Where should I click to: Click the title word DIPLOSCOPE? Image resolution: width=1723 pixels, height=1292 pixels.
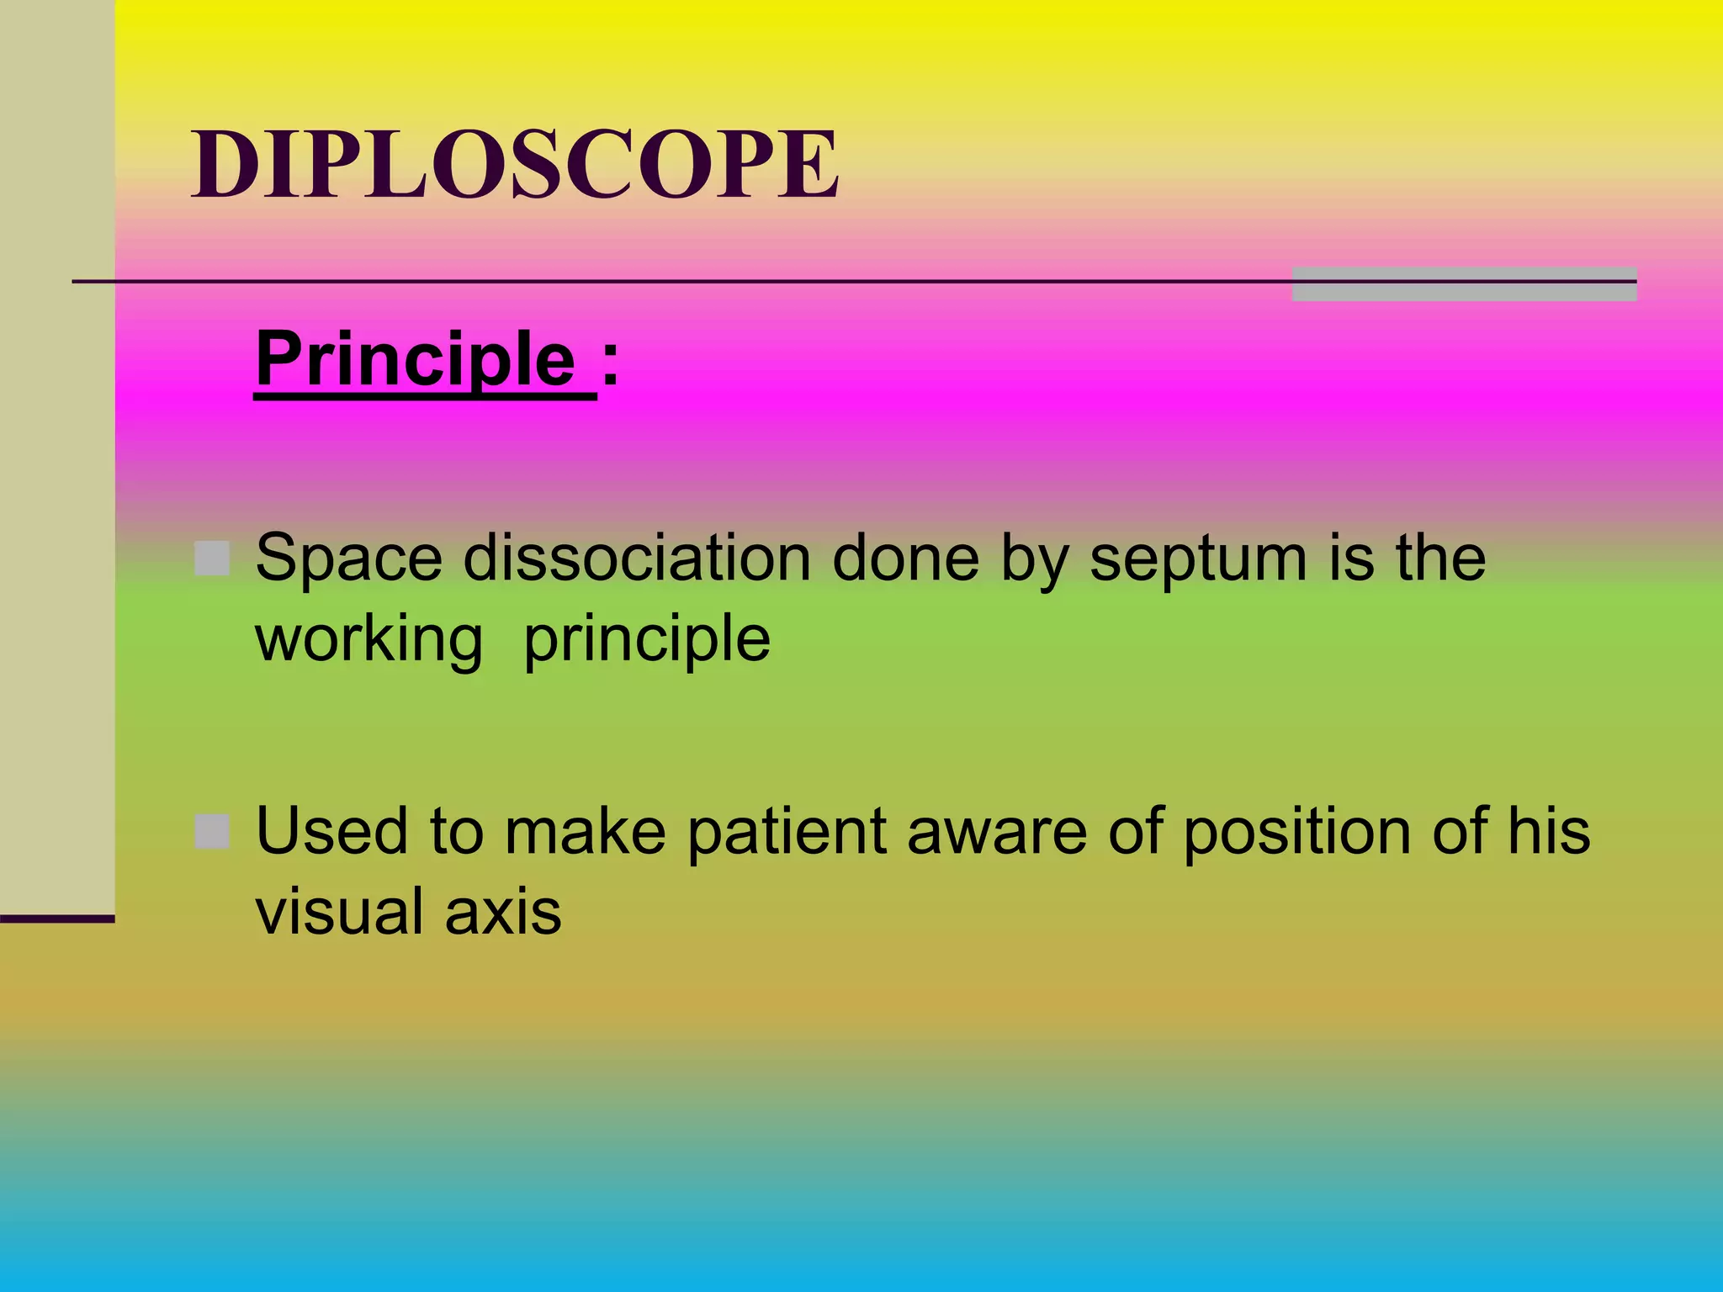pyautogui.click(x=515, y=165)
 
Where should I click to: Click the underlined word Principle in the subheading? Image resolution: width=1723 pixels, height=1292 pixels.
pyautogui.click(x=416, y=360)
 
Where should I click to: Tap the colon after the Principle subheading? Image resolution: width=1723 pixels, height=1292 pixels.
pyautogui.click(x=610, y=363)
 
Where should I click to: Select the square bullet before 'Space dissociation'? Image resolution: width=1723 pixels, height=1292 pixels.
pyautogui.click(x=212, y=559)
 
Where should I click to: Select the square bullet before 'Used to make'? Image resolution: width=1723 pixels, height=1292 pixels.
pyautogui.click(x=212, y=832)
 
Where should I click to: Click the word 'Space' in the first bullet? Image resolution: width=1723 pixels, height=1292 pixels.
pyautogui.click(x=349, y=558)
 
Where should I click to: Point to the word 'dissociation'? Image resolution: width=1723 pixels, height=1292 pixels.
pyautogui.click(x=637, y=558)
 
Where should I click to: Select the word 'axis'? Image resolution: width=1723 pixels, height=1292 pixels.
pyautogui.click(x=503, y=913)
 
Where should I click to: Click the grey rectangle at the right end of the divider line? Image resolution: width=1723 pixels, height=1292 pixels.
pyautogui.click(x=1464, y=284)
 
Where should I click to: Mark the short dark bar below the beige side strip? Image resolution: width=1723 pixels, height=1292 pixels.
pyautogui.click(x=57, y=919)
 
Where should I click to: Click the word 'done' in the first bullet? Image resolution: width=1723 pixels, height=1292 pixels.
pyautogui.click(x=905, y=558)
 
